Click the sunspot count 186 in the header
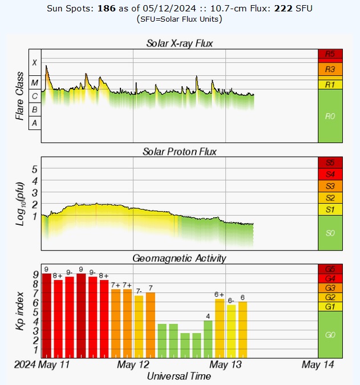click(x=106, y=9)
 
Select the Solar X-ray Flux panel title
click(x=180, y=43)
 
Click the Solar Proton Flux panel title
click(x=180, y=151)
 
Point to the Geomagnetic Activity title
click(x=180, y=258)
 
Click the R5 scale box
click(x=330, y=54)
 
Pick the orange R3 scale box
click(x=330, y=69)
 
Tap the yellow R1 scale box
click(x=330, y=84)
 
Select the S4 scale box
click(x=330, y=174)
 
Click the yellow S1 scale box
click(x=330, y=210)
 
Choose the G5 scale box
click(x=330, y=269)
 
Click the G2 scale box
click(x=330, y=297)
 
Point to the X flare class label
click(x=35, y=63)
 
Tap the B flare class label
click(x=35, y=109)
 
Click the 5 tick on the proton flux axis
click(x=34, y=169)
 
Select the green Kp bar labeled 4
click(x=208, y=338)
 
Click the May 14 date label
click(x=317, y=364)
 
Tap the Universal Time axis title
click(x=179, y=376)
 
